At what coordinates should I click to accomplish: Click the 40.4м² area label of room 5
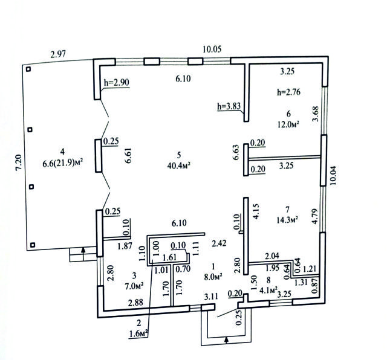coord(179,166)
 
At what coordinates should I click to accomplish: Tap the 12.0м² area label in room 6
coord(288,124)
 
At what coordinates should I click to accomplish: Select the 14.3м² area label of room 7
coord(288,219)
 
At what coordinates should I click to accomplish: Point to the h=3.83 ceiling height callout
coord(229,106)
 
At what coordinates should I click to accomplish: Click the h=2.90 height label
coord(117,82)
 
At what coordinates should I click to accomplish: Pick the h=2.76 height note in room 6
coord(289,92)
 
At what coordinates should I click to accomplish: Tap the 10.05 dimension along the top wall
coord(212,49)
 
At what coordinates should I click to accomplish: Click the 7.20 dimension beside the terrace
coord(19,162)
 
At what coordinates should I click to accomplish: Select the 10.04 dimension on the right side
coord(333,176)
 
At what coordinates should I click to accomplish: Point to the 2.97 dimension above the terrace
coord(58,54)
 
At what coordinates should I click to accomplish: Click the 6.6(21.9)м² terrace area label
coord(62,163)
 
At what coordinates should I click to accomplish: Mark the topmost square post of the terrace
coord(28,69)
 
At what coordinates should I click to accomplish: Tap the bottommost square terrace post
coord(32,245)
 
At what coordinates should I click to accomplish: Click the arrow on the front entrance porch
coord(226,340)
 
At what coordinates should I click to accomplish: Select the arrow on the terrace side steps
coord(83,250)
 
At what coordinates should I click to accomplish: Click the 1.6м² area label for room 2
coord(138,333)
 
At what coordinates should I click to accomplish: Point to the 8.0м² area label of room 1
coord(213,277)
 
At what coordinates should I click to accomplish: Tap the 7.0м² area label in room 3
coord(134,286)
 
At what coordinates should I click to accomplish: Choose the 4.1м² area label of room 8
coord(268,290)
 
